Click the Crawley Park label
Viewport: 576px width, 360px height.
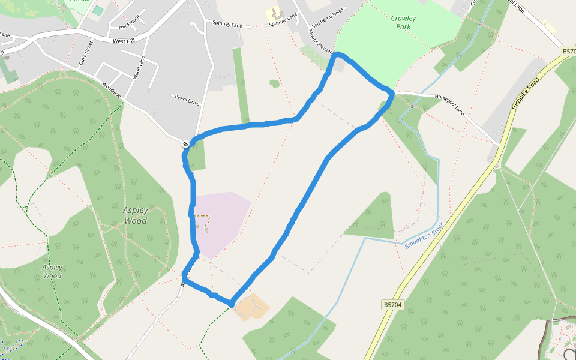click(403, 22)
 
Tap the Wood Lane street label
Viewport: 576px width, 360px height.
click(139, 67)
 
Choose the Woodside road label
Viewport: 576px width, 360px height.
click(112, 91)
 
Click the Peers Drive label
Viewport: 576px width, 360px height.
click(186, 100)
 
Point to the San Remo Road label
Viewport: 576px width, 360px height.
click(327, 19)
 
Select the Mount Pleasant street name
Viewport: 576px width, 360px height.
click(321, 43)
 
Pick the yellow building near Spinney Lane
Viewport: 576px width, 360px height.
click(274, 14)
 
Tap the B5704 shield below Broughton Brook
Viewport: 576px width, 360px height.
click(392, 305)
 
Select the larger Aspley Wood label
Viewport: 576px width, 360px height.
click(135, 215)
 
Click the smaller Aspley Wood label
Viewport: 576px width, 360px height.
click(52, 272)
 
